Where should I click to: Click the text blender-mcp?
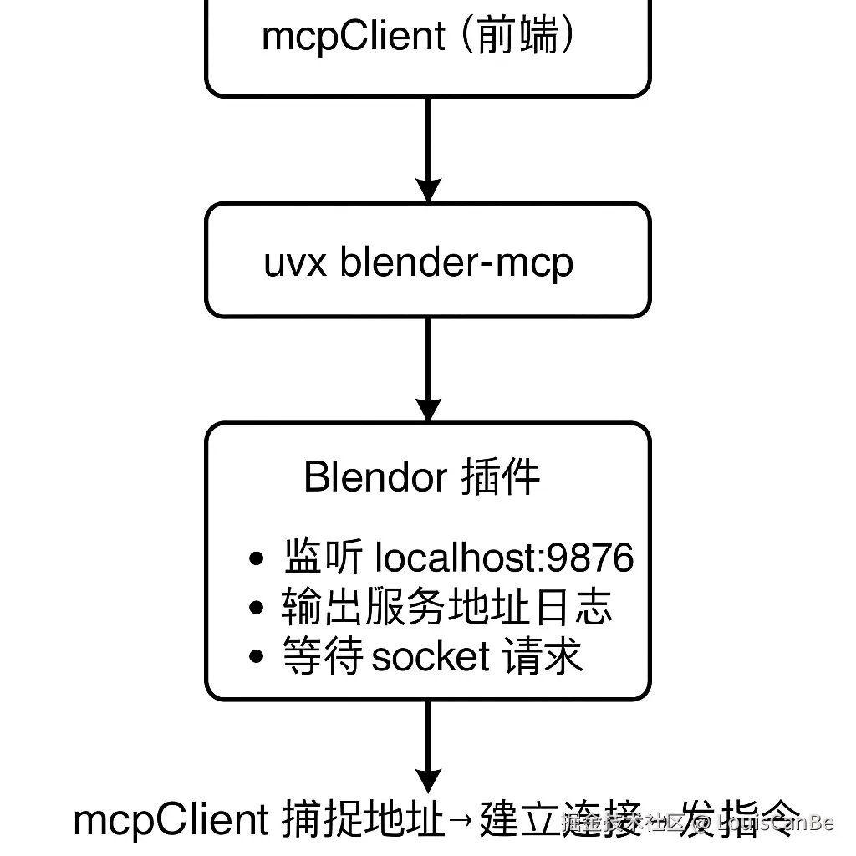(x=457, y=262)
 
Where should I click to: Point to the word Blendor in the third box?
(x=375, y=477)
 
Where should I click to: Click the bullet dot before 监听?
(x=257, y=559)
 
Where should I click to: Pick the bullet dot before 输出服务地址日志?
(x=257, y=608)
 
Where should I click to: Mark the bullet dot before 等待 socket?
(x=257, y=657)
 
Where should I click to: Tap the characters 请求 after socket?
(x=543, y=657)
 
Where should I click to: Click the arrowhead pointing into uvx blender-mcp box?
(x=428, y=189)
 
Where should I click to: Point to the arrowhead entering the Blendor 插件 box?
(x=428, y=409)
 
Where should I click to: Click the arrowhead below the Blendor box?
(x=428, y=780)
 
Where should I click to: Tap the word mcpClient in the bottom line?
(x=171, y=821)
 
